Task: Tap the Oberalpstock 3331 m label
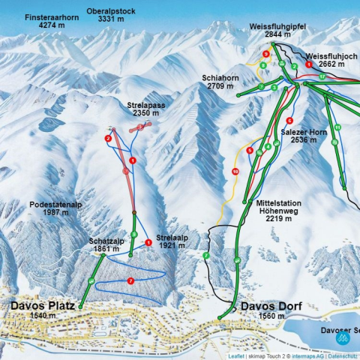110,15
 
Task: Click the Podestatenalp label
55,208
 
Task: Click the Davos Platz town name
43,306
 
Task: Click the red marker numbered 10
235,172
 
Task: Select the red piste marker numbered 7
130,280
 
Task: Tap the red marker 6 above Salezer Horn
289,121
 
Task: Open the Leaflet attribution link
236,355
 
